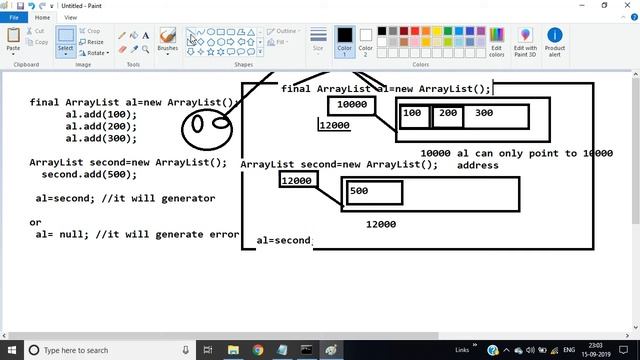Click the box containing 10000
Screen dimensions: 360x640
pyautogui.click(x=351, y=105)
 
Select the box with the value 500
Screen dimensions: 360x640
pyautogui.click(x=373, y=192)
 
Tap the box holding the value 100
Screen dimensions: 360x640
pyautogui.click(x=414, y=114)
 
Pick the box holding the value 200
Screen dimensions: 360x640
pyautogui.click(x=447, y=114)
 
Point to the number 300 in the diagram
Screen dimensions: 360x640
pyautogui.click(x=484, y=114)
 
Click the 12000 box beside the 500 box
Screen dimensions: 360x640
pyautogui.click(x=297, y=181)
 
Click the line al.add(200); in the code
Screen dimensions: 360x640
pyautogui.click(x=101, y=127)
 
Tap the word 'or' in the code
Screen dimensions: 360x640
pyautogui.click(x=35, y=222)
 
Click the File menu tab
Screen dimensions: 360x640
pyautogui.click(x=14, y=17)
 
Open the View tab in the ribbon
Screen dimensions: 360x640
pyautogui.click(x=71, y=17)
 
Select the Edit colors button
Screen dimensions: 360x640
pyautogui.click(x=497, y=41)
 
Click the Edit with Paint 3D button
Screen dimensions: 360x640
pyautogui.click(x=525, y=41)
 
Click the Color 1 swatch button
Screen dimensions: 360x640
pyautogui.click(x=344, y=41)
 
